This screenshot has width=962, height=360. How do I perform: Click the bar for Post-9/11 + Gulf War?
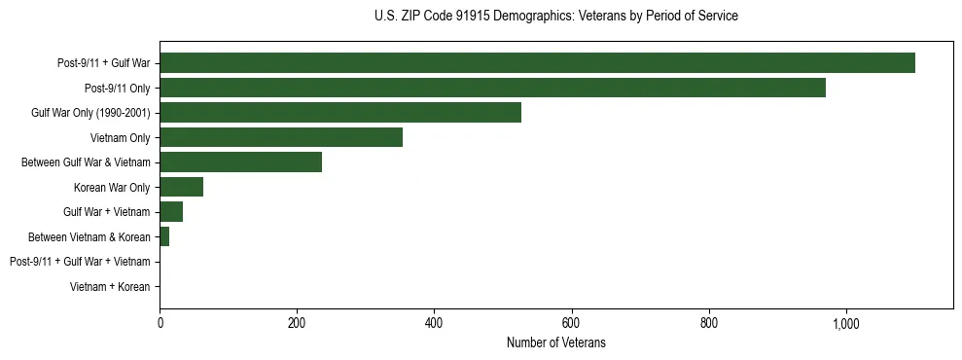pyautogui.click(x=537, y=63)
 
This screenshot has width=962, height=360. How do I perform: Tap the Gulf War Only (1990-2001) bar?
pyautogui.click(x=340, y=113)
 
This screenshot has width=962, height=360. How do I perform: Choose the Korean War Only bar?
pyautogui.click(x=181, y=187)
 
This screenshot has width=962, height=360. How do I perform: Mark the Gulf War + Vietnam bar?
pyautogui.click(x=171, y=212)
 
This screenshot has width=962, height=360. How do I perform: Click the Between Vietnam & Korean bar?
pyautogui.click(x=164, y=236)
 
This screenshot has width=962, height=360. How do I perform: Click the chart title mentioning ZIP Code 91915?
pyautogui.click(x=555, y=17)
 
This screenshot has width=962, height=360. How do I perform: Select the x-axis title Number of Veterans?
pyautogui.click(x=555, y=342)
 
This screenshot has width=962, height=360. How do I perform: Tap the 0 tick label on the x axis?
pyautogui.click(x=160, y=323)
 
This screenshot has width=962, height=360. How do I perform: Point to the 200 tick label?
pyautogui.click(x=297, y=323)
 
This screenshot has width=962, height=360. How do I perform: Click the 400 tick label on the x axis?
pyautogui.click(x=434, y=323)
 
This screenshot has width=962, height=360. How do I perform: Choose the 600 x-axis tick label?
pyautogui.click(x=571, y=323)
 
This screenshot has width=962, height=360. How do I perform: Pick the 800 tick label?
pyautogui.click(x=708, y=323)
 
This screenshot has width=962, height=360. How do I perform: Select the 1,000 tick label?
pyautogui.click(x=845, y=323)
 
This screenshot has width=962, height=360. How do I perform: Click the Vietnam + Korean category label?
pyautogui.click(x=110, y=287)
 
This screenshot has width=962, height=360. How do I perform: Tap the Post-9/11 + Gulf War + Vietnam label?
pyautogui.click(x=80, y=262)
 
